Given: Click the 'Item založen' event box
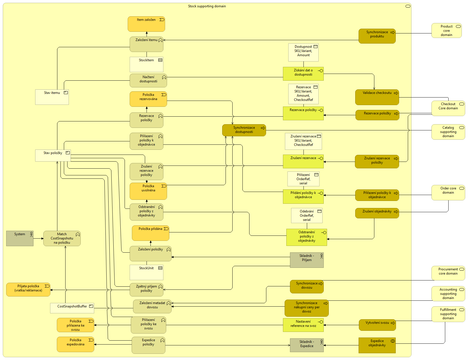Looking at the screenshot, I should pyautogui.click(x=146, y=24).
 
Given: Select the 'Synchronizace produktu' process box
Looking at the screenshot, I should pyautogui.click(x=377, y=36).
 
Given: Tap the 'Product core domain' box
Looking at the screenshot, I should pyautogui.click(x=446, y=31).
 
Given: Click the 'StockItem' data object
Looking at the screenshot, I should pyautogui.click(x=146, y=64).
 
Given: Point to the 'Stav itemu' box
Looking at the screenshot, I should pyautogui.click(x=52, y=97).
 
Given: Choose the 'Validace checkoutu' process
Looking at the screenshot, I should pyautogui.click(x=377, y=97).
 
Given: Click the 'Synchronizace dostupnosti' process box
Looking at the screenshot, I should pyautogui.click(x=244, y=130).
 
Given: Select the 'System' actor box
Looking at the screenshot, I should pyautogui.click(x=20, y=238).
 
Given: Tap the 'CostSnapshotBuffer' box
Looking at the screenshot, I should pyautogui.click(x=72, y=308).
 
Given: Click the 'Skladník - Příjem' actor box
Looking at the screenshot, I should pyautogui.click(x=307, y=260).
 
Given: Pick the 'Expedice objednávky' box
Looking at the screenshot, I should pyautogui.click(x=377, y=345).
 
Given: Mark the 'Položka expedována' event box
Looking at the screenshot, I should pyautogui.click(x=75, y=344).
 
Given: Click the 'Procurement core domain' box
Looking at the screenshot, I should pyautogui.click(x=448, y=273).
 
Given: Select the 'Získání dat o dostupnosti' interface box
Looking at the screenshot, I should pyautogui.click(x=303, y=74).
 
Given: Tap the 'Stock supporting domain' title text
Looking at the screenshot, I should pyautogui.click(x=207, y=6).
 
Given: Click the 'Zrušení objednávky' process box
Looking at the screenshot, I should pyautogui.click(x=377, y=213).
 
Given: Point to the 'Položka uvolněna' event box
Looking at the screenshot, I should pyautogui.click(x=148, y=191).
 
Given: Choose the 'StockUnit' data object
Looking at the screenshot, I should pyautogui.click(x=146, y=272).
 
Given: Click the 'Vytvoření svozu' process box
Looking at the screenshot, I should pyautogui.click(x=377, y=325).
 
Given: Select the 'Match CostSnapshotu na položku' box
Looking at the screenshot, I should pyautogui.click(x=62, y=238).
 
